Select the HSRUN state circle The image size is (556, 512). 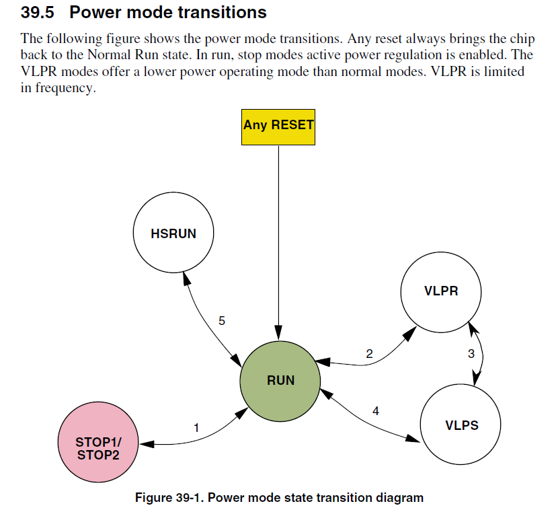[173, 233]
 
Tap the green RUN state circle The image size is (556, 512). [280, 380]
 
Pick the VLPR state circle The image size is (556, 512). [441, 291]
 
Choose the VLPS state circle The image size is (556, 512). [461, 425]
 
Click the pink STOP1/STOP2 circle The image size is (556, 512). [98, 448]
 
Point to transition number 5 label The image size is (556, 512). [222, 321]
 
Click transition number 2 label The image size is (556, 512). [369, 353]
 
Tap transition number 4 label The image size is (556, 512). [375, 411]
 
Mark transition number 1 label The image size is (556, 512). [196, 427]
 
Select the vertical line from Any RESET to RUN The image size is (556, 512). [278, 242]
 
